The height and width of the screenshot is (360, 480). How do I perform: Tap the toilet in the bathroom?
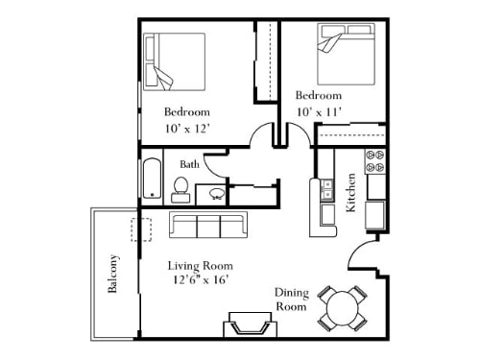(x=180, y=190)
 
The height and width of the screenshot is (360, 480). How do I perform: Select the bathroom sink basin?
(x=217, y=192)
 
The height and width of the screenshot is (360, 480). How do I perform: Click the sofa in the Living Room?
(x=206, y=227)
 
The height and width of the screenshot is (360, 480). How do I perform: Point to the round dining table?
(x=344, y=306)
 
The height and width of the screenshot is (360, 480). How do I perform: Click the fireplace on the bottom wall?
(x=250, y=325)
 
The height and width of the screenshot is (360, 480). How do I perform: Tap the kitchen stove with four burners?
(x=374, y=164)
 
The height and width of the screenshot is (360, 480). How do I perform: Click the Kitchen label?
(x=352, y=191)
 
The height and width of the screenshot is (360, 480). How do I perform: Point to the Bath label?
(x=189, y=164)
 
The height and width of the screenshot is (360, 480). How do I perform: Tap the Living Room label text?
(x=201, y=265)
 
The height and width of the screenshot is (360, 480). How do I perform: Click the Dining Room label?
(x=291, y=300)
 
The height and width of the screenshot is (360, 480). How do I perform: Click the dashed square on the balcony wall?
(x=142, y=230)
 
